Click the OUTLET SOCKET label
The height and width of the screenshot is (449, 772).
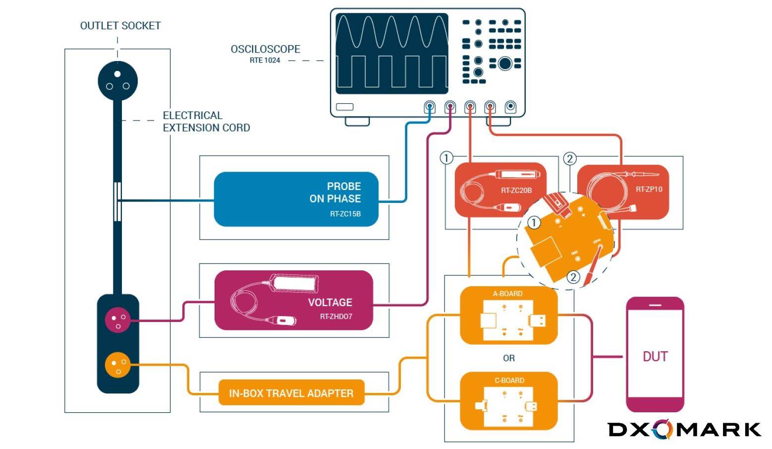[x=120, y=26]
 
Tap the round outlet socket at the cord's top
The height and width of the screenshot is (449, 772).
[x=117, y=81]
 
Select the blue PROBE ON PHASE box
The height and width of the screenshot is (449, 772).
[x=296, y=199]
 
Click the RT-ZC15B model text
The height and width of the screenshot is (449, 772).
[x=345, y=214]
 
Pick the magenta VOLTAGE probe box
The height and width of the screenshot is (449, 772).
[x=293, y=300]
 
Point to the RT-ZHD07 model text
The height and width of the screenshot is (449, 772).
[x=336, y=317]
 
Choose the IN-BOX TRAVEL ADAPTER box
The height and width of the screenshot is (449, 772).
[x=291, y=393]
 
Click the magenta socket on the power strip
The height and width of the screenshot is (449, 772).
[x=118, y=320]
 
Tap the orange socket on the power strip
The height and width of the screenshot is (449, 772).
[x=118, y=365]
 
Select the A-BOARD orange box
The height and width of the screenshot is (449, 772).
[x=509, y=316]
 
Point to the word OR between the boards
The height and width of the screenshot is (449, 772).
[x=509, y=358]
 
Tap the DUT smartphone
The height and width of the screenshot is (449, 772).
[x=655, y=354]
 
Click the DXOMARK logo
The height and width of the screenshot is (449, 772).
[x=684, y=429]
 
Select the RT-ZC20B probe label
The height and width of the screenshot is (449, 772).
[x=516, y=191]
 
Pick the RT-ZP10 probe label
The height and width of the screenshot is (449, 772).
[x=649, y=189]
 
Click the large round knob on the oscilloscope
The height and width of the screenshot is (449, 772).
[x=505, y=64]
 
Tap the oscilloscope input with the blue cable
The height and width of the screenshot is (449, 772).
[x=430, y=107]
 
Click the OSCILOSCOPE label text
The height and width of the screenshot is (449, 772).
[x=266, y=49]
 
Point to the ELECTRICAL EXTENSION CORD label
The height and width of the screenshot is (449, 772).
[x=206, y=122]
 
